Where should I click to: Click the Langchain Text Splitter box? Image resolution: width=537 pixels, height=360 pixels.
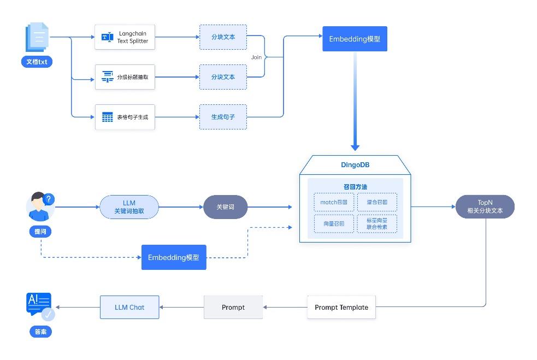click(x=125, y=37)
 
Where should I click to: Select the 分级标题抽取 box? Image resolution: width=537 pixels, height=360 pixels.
click(x=125, y=77)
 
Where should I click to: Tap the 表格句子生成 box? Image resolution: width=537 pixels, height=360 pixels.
click(x=125, y=117)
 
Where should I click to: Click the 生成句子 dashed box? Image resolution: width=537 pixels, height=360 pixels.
click(x=223, y=117)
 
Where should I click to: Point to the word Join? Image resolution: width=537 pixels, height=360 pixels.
click(x=256, y=57)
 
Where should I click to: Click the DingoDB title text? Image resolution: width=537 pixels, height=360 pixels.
click(x=355, y=164)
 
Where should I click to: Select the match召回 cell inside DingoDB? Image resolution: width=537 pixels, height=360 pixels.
click(x=334, y=202)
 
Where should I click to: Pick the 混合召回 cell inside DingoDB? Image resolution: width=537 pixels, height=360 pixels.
click(x=377, y=202)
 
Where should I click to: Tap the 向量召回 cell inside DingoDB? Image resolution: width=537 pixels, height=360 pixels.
click(x=334, y=224)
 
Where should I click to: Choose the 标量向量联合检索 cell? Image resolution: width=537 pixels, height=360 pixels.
click(x=377, y=224)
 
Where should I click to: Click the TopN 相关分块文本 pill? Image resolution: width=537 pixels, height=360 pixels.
click(x=485, y=206)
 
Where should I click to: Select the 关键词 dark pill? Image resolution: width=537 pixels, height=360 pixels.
click(x=225, y=207)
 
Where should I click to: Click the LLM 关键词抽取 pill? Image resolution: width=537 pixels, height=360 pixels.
click(x=129, y=207)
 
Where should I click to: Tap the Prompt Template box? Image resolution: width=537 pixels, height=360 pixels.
click(x=341, y=308)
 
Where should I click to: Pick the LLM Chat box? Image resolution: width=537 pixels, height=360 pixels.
click(x=129, y=308)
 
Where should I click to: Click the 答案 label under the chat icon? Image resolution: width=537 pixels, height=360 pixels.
click(x=40, y=332)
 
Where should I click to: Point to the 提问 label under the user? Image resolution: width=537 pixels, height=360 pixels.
click(x=40, y=232)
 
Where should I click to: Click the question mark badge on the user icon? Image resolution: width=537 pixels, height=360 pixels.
click(x=49, y=199)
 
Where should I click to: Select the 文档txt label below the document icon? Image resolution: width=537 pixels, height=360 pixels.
click(x=37, y=62)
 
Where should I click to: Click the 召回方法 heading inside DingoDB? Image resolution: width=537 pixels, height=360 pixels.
click(x=355, y=187)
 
